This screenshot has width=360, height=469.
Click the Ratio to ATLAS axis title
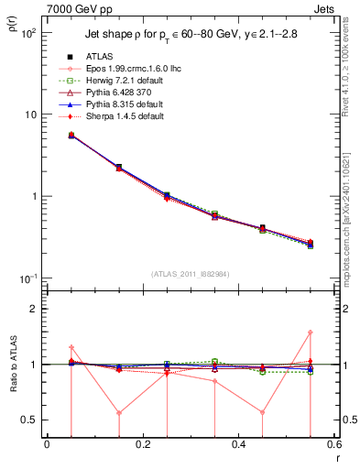[14, 365]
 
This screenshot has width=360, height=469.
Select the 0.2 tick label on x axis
[142, 445]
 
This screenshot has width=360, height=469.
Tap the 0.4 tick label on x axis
[238, 445]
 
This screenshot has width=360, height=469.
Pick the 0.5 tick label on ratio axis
[32, 420]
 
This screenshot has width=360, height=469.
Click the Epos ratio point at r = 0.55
[311, 333]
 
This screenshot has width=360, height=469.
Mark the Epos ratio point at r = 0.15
[119, 412]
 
